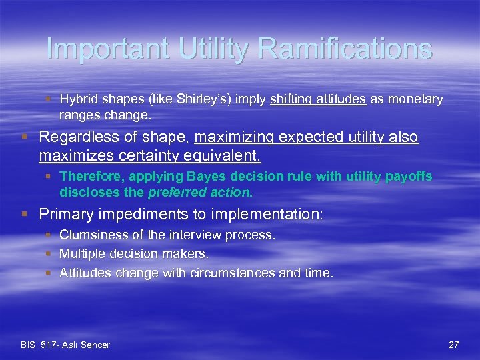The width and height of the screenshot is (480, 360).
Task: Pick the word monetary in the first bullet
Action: point(414,99)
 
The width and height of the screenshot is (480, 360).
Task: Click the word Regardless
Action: point(77,137)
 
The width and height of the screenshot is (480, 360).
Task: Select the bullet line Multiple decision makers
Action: point(133,253)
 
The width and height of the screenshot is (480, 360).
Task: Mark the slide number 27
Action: point(454,345)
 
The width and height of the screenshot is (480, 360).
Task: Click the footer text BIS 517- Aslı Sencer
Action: point(65,345)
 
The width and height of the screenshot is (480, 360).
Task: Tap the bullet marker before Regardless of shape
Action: point(24,138)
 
